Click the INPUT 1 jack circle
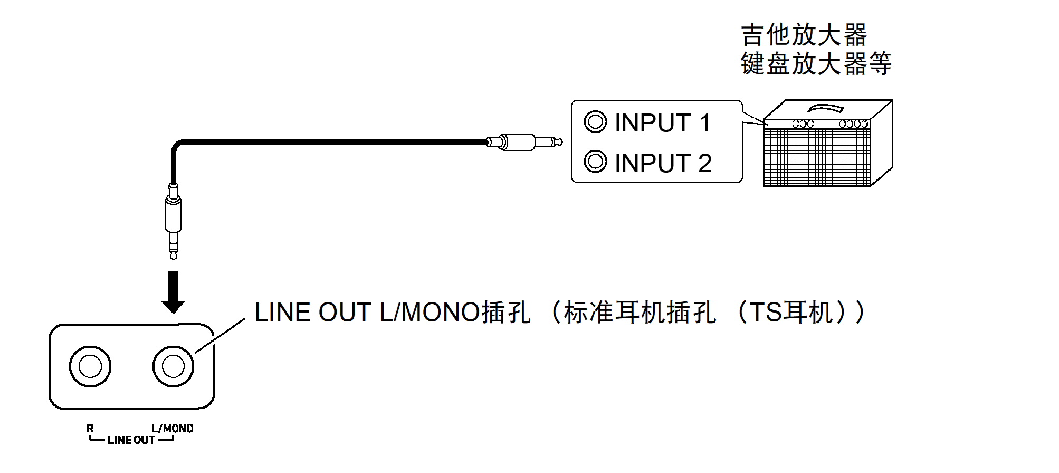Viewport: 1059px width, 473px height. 595,122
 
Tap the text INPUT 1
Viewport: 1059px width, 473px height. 663,123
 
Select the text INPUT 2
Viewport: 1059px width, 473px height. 663,163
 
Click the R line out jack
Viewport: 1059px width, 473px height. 90,366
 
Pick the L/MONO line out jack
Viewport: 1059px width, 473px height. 173,366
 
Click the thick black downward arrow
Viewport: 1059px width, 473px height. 173,291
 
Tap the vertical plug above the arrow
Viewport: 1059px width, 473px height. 173,220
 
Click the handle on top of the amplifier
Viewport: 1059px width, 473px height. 826,108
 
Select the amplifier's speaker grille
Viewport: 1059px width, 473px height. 816,157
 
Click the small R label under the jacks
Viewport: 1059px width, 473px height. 90,428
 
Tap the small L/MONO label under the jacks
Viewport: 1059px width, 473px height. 172,428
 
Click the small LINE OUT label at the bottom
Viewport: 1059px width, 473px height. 131,440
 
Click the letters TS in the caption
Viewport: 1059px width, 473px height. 765,312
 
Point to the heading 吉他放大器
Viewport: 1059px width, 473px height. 804,35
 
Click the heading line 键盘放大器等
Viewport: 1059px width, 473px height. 816,64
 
